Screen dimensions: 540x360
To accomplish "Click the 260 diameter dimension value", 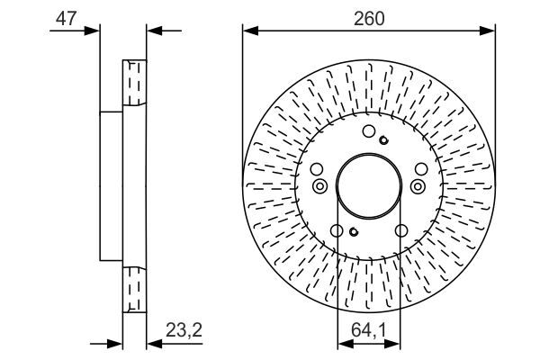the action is [369, 19].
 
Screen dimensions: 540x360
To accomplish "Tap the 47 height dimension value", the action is [66, 18].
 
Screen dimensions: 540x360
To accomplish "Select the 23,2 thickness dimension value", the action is [184, 330].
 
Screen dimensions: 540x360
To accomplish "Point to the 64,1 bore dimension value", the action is [369, 330].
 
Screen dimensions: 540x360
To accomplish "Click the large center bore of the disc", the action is [369, 186].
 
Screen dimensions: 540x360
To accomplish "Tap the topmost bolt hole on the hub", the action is [369, 131].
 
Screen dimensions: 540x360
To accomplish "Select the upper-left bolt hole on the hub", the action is [317, 169].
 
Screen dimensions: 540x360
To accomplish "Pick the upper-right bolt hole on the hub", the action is [421, 169].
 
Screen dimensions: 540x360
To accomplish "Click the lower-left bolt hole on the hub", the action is [337, 230].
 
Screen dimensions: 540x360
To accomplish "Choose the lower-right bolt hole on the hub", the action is [401, 230].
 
